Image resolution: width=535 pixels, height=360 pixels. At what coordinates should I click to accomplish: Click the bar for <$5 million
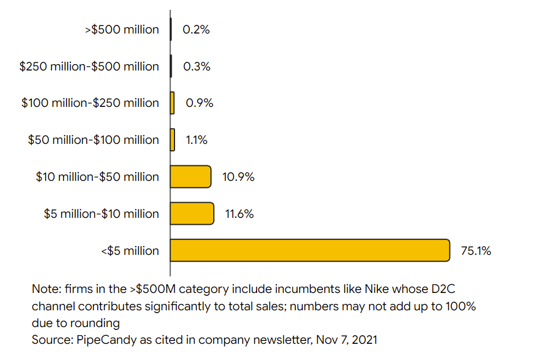[310, 250]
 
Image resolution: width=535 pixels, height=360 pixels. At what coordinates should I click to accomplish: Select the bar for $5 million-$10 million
[192, 213]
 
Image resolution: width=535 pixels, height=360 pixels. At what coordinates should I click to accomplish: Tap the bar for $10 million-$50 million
[191, 176]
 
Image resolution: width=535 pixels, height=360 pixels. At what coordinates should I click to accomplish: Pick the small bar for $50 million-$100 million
[172, 140]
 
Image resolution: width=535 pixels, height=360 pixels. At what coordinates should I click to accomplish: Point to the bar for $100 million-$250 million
[172, 103]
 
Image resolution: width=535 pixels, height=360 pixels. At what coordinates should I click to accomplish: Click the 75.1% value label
[476, 251]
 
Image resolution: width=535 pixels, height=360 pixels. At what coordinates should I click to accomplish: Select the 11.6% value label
[239, 214]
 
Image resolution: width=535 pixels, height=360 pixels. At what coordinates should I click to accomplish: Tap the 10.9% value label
[238, 177]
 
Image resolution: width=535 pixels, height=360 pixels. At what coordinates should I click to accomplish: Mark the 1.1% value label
[196, 140]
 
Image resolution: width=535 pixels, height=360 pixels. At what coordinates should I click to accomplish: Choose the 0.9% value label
[199, 103]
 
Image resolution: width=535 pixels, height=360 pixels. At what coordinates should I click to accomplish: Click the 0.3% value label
[196, 66]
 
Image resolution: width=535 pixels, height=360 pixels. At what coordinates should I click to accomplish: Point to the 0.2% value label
[196, 29]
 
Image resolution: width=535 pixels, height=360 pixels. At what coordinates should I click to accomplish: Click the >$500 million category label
[122, 29]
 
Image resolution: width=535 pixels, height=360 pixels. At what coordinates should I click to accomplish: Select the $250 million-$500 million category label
[89, 66]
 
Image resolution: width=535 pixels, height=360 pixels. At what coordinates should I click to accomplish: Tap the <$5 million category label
[129, 251]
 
